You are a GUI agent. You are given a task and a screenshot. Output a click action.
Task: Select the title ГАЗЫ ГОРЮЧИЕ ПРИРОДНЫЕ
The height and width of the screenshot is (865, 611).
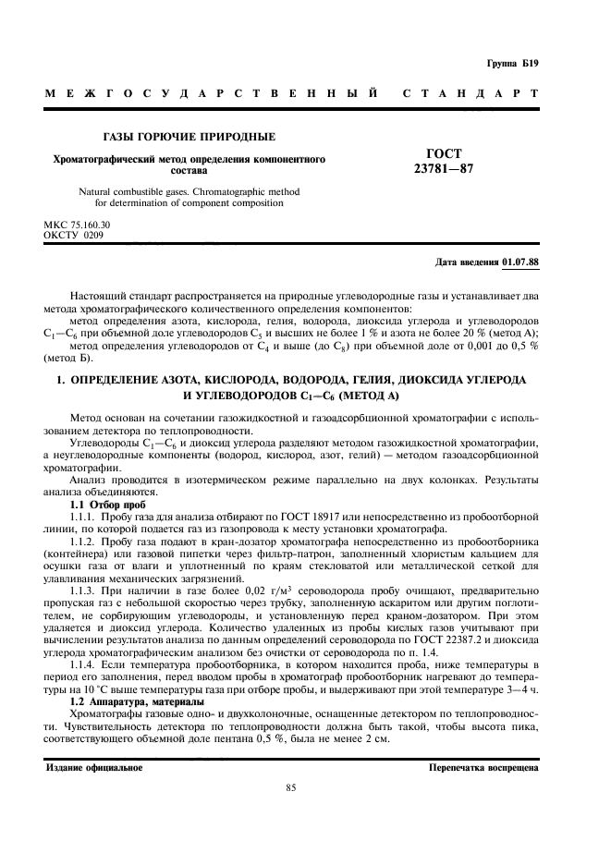[x=189, y=137]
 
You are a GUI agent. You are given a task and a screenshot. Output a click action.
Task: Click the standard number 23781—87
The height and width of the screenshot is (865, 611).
[x=444, y=169]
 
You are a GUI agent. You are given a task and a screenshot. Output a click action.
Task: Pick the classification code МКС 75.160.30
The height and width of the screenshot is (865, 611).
[x=77, y=225]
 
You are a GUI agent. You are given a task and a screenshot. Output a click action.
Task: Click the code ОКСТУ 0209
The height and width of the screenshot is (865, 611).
[x=74, y=235]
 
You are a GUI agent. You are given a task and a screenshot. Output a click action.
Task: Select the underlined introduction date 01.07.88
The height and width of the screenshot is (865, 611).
[x=520, y=262]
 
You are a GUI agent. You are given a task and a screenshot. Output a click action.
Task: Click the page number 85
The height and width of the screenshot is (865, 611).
[x=290, y=787]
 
